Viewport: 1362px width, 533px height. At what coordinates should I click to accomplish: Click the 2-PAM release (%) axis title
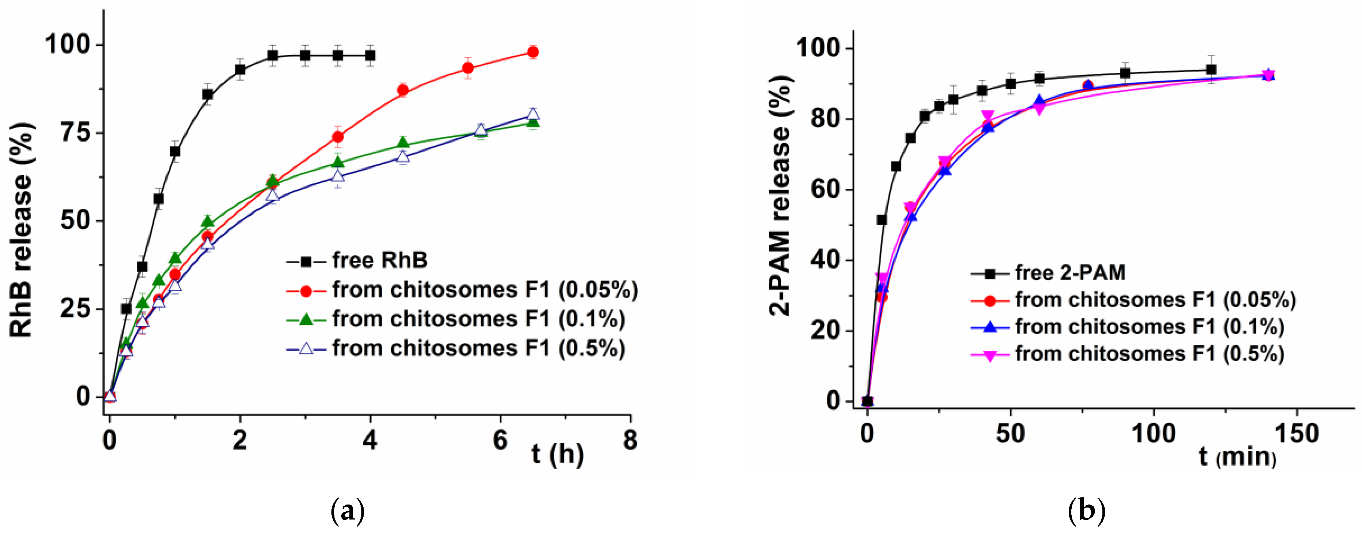click(780, 196)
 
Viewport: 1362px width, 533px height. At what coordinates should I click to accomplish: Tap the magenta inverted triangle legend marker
click(990, 355)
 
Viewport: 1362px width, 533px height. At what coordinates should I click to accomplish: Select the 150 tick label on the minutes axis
click(1297, 434)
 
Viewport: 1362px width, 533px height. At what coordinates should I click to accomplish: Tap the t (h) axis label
click(557, 454)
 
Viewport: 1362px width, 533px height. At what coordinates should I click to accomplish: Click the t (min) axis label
click(1237, 456)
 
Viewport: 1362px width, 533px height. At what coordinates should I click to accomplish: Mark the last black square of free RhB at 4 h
click(371, 55)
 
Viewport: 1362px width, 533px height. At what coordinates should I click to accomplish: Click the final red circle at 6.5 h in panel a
click(533, 52)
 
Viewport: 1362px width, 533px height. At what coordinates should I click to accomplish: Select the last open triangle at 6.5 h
click(533, 114)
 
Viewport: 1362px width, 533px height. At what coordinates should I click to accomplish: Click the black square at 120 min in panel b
click(1211, 70)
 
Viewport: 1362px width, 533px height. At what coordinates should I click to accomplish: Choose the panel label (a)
click(348, 511)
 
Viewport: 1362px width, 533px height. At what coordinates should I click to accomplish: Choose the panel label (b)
click(1087, 511)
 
